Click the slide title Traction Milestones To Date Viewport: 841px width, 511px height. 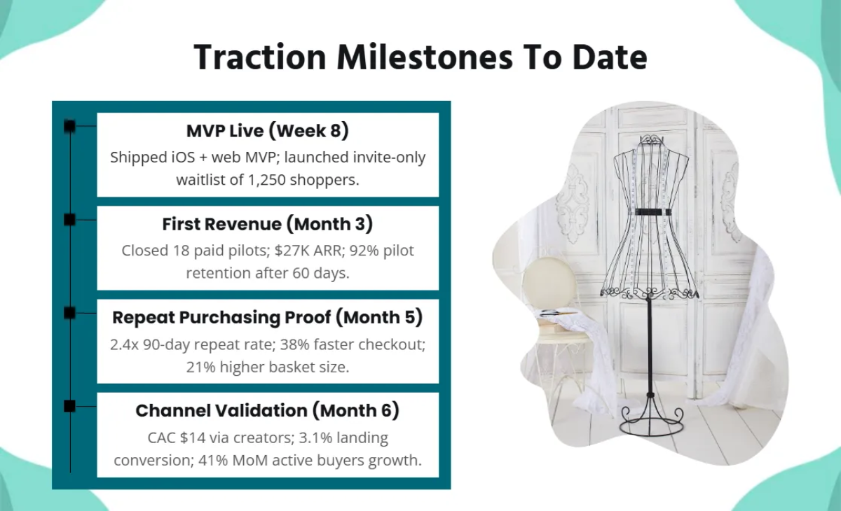(x=420, y=57)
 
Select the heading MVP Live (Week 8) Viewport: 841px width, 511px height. (x=268, y=131)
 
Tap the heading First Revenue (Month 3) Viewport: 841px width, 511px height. (x=268, y=224)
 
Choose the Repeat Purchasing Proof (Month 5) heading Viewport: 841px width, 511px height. (x=268, y=317)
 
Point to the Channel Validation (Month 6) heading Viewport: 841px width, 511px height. (x=268, y=410)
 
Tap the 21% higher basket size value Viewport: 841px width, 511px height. (x=202, y=367)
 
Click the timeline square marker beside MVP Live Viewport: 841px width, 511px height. (x=69, y=126)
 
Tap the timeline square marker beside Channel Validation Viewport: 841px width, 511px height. (x=69, y=406)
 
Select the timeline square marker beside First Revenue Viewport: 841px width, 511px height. (x=69, y=220)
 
